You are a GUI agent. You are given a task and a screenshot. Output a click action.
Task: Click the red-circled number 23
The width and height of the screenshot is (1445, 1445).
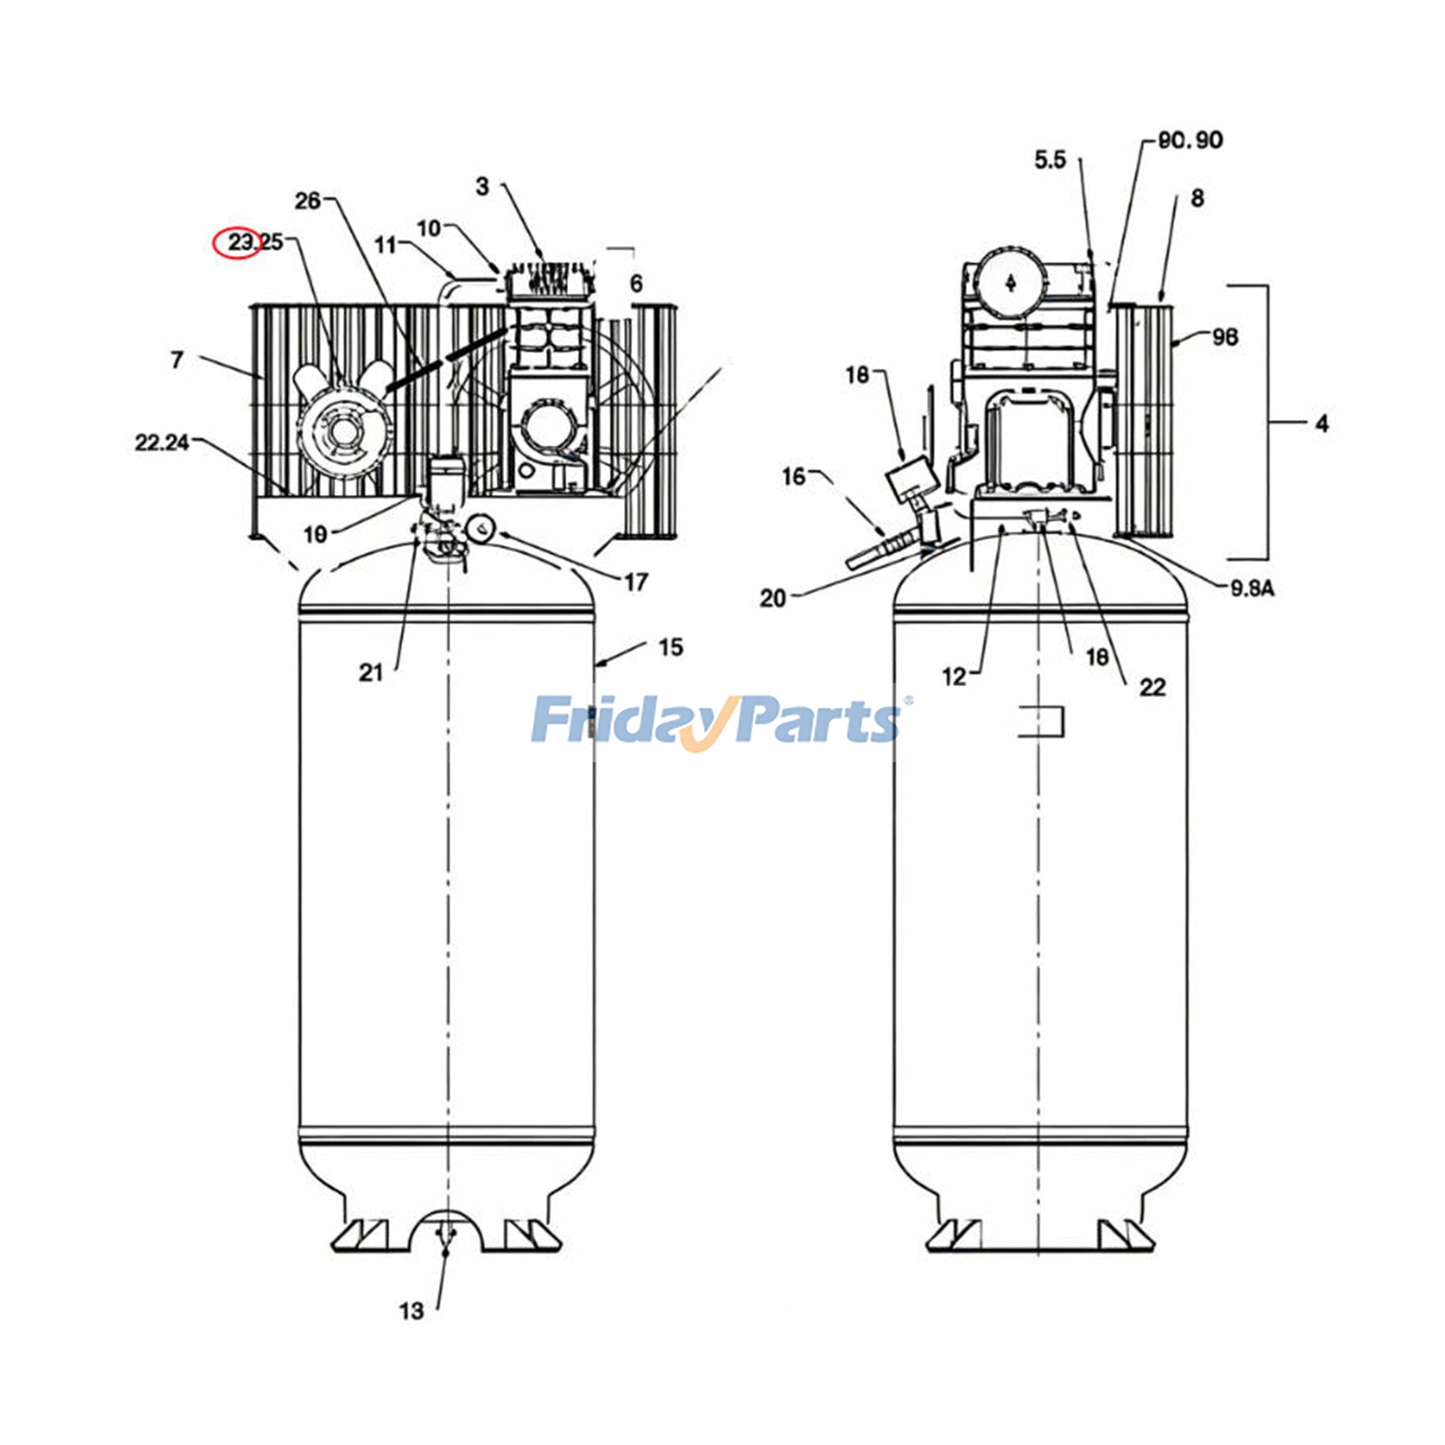tap(240, 242)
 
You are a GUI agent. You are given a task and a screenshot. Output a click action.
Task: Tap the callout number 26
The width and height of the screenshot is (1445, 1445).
tap(308, 200)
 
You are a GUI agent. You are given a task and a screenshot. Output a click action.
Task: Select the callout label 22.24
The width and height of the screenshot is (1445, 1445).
tap(162, 443)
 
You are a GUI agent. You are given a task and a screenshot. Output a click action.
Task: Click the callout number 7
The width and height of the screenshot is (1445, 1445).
tap(177, 360)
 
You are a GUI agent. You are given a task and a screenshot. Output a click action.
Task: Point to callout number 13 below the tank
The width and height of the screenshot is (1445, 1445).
tap(411, 1310)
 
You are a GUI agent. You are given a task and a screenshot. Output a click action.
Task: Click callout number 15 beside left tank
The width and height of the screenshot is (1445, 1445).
tap(670, 648)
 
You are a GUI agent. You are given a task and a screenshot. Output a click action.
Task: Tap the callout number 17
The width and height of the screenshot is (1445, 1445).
tap(636, 583)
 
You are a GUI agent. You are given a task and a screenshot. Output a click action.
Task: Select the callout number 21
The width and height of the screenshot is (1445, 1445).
tap(371, 673)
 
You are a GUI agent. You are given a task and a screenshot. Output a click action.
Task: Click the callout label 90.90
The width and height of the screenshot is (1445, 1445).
tap(1190, 140)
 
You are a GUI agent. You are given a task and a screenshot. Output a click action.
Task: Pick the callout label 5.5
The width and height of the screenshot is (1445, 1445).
tap(1049, 160)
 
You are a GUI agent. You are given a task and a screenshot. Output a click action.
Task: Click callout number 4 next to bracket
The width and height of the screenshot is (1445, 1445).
tap(1321, 424)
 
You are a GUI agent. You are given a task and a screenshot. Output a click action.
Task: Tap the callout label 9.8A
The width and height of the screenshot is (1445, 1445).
tap(1252, 589)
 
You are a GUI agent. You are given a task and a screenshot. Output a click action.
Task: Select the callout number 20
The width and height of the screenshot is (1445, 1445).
tap(773, 598)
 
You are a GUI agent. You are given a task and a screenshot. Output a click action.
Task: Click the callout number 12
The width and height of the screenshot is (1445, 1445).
tap(954, 676)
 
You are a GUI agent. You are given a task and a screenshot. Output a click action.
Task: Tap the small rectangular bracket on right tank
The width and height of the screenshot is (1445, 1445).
tap(1044, 722)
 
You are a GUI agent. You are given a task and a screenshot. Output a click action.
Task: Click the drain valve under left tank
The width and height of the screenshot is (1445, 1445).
tap(445, 1242)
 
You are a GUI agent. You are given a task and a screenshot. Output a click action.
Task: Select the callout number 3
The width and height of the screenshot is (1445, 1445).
tap(482, 186)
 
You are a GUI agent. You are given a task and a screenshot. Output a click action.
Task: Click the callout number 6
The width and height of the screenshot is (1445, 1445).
tap(636, 284)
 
